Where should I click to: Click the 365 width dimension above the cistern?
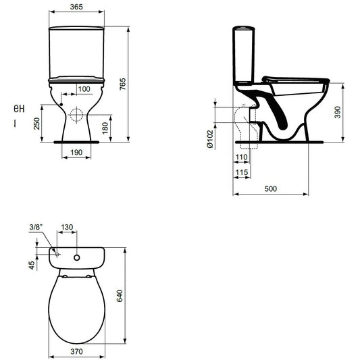pos(76,7)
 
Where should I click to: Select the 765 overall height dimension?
pos(123,84)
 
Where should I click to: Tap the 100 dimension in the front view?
pos(84,89)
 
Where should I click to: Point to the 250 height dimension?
pos(36,124)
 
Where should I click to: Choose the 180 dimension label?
pos(105,128)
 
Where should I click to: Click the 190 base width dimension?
pos(76,152)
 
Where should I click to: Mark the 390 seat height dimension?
pos(337,112)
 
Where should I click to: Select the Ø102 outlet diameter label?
pos(210,139)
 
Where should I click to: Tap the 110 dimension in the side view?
pos(242,157)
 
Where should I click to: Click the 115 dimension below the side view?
pos(242,172)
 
